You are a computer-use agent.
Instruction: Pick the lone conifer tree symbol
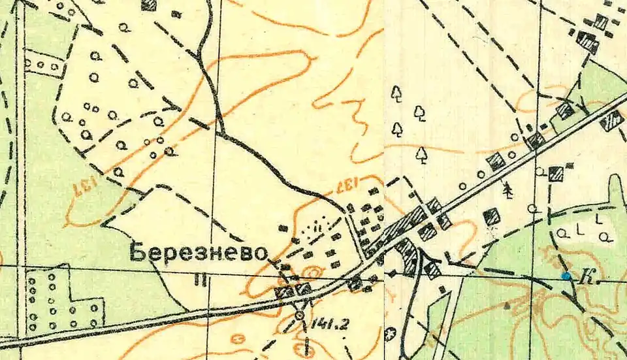[x=507, y=189]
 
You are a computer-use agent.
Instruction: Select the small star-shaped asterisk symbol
[x=390, y=333]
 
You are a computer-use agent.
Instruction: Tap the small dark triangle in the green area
[x=507, y=304]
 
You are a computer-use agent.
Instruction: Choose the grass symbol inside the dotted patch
[x=317, y=227]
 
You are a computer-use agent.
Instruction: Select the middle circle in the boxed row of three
[x=46, y=65]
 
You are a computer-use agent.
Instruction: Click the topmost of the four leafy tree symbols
[x=396, y=93]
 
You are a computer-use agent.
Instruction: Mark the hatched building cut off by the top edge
[x=150, y=5]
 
